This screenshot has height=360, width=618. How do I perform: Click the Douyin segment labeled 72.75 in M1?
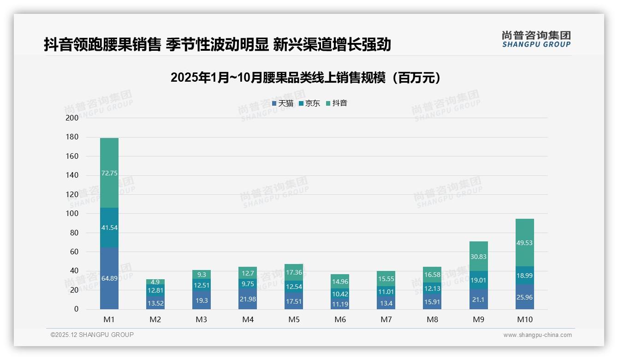[x=109, y=173]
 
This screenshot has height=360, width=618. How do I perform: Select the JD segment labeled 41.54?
[x=109, y=227]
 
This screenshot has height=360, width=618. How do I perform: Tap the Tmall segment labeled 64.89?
[x=109, y=278]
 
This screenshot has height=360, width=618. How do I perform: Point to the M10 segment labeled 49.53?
[x=524, y=242]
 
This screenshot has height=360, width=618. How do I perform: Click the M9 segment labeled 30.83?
[x=478, y=257]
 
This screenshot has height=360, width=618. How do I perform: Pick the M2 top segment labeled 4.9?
[x=155, y=282]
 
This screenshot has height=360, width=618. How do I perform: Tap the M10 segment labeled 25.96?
[x=524, y=297]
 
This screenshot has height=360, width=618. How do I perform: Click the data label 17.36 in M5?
[x=294, y=272]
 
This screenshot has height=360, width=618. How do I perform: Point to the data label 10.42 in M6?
[x=340, y=294]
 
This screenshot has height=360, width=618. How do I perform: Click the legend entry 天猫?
[x=283, y=103]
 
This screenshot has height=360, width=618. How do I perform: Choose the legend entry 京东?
[x=309, y=103]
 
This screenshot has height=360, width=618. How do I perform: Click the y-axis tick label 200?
[x=72, y=118]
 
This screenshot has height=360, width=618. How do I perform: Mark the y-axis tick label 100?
[x=72, y=214]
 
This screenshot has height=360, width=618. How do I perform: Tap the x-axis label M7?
[x=386, y=319]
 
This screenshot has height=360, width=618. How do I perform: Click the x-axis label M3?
[x=202, y=319]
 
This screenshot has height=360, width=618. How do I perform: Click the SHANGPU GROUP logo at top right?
[x=536, y=39]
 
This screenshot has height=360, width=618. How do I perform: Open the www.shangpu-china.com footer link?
[x=537, y=335]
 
